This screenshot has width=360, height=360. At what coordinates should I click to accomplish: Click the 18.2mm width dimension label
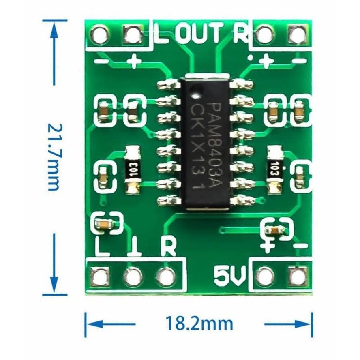[199, 324]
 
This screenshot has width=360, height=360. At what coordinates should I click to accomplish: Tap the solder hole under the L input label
[101, 276]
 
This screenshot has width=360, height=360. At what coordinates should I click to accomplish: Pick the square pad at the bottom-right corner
[297, 276]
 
